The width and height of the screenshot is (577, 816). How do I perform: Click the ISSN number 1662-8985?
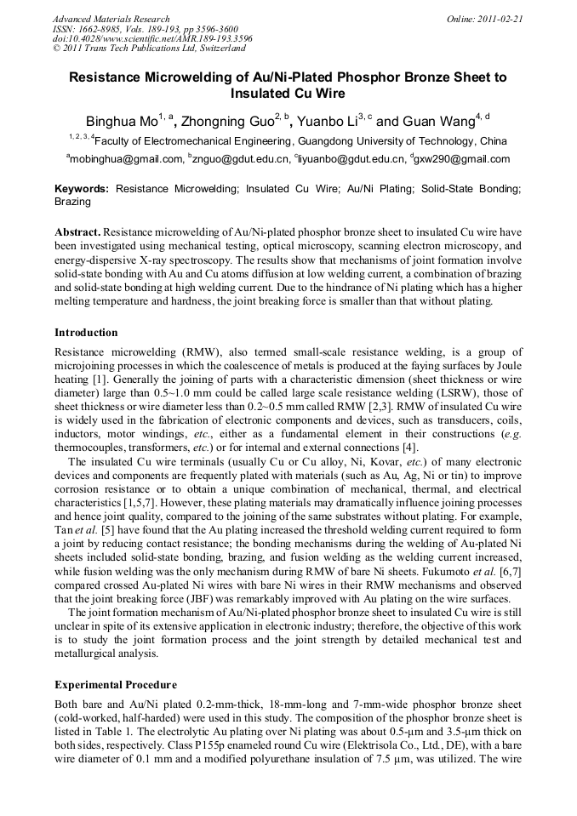(106, 29)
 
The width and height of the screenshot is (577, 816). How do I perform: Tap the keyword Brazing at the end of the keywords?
(72, 203)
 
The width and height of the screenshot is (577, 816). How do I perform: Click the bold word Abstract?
(77, 231)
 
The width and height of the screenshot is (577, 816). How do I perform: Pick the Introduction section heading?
(86, 333)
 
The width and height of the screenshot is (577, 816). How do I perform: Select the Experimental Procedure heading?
(116, 685)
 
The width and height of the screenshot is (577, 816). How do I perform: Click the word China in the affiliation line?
(494, 141)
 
